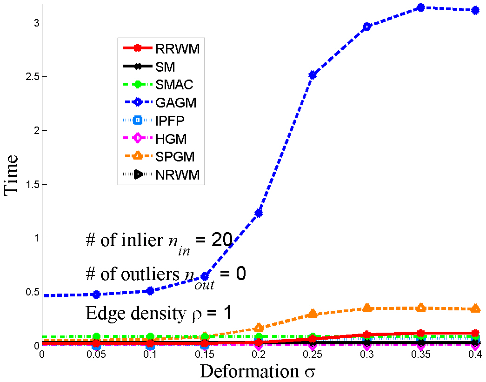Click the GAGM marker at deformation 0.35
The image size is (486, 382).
(x=421, y=7)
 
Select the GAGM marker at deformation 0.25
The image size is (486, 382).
(x=313, y=74)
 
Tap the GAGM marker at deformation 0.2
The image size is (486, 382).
(x=259, y=213)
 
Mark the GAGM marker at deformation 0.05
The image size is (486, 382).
(x=96, y=295)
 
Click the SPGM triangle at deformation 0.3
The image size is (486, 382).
(x=367, y=308)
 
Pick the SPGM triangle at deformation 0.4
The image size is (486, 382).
(x=475, y=308)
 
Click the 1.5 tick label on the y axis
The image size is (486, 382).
(x=30, y=184)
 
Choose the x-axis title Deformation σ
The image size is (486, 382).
(x=259, y=372)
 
